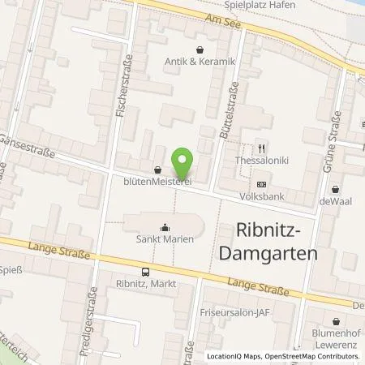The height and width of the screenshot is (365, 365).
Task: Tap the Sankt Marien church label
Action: coord(165,240)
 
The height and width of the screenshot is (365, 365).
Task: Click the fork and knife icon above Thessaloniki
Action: coord(261,148)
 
